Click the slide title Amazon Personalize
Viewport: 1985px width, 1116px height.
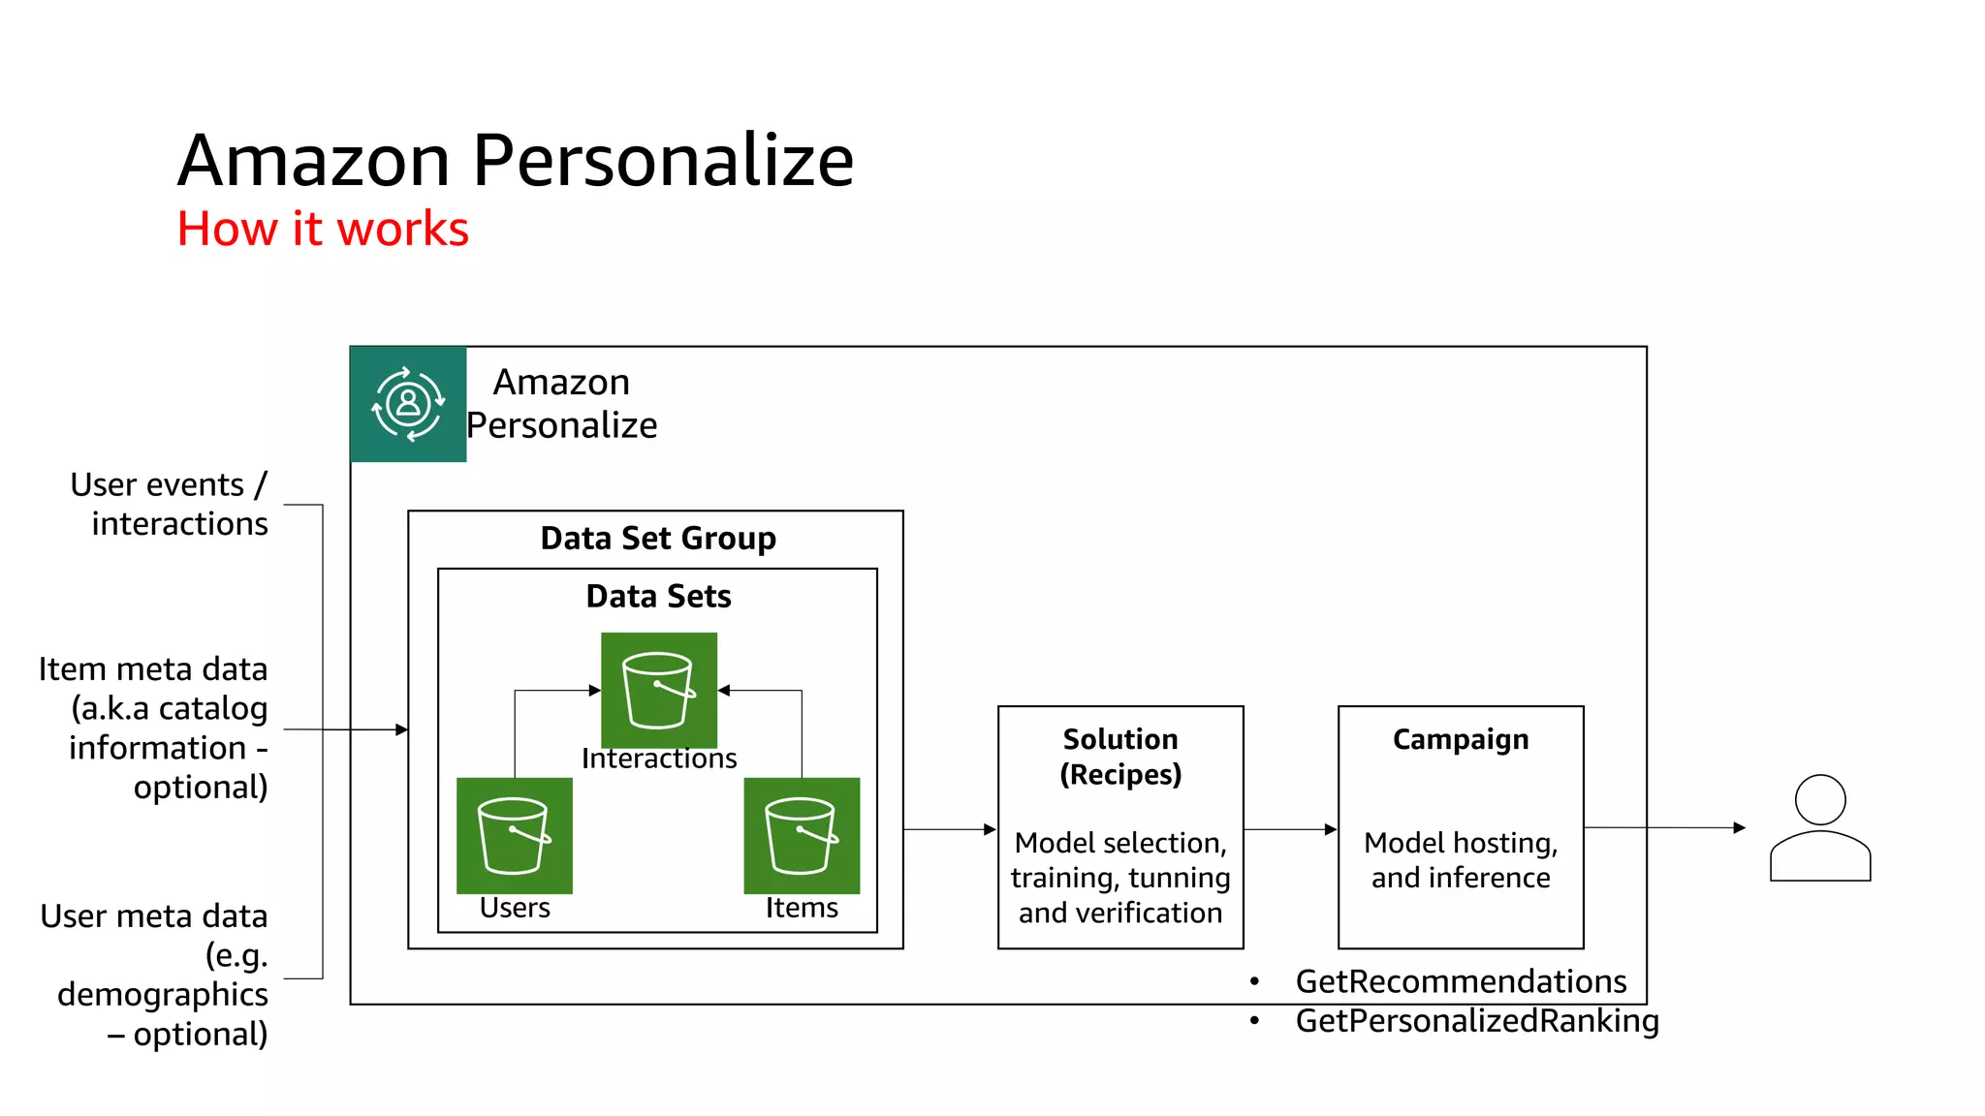click(x=516, y=160)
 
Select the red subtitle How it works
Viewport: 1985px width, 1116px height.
click(x=323, y=230)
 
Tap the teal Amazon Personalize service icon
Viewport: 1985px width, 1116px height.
click(x=408, y=404)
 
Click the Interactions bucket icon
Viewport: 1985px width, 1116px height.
click(x=659, y=690)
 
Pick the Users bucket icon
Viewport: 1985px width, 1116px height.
click(x=514, y=835)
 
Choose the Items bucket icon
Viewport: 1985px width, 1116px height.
click(x=802, y=835)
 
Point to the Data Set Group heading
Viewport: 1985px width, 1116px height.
click(x=658, y=538)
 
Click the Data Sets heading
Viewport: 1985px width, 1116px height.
click(x=658, y=596)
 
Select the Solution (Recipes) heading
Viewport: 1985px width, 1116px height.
click(x=1120, y=757)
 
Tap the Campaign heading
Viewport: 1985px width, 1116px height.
click(x=1461, y=739)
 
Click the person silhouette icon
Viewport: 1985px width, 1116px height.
click(x=1819, y=828)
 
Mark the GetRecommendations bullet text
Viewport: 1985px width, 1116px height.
click(x=1461, y=981)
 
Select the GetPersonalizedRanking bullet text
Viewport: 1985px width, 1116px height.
click(x=1477, y=1020)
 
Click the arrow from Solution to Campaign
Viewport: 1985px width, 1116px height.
click(x=1290, y=829)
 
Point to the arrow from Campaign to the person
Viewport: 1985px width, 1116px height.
click(x=1664, y=827)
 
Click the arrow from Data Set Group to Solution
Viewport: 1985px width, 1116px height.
click(x=949, y=829)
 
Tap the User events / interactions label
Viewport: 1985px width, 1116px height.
click(x=170, y=504)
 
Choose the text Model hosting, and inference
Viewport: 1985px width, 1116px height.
click(x=1461, y=860)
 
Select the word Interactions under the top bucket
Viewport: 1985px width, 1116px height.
click(x=659, y=759)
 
